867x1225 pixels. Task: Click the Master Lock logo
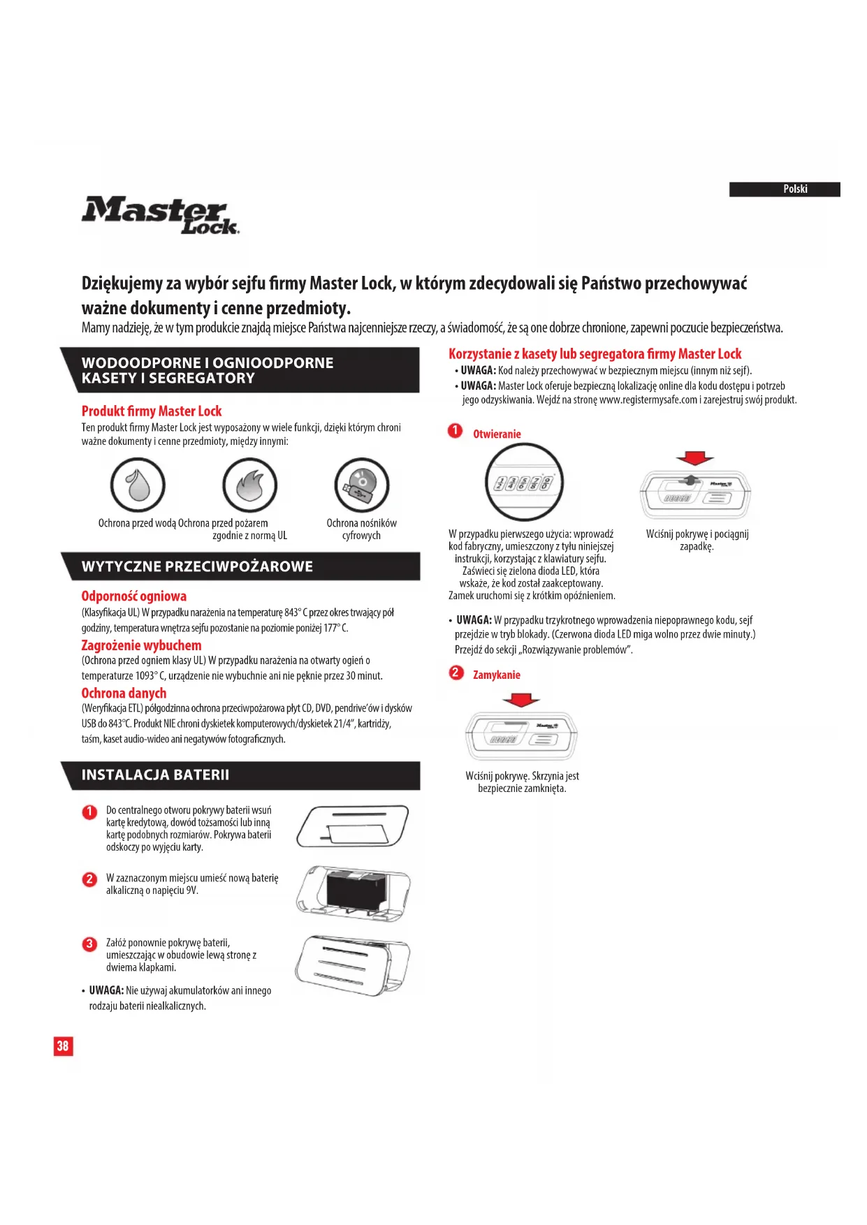pyautogui.click(x=160, y=215)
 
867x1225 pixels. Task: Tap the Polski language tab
pyautogui.click(x=784, y=189)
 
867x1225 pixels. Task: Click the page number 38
pyautogui.click(x=63, y=1046)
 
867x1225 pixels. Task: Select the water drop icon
pyautogui.click(x=138, y=485)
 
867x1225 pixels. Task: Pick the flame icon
pyautogui.click(x=249, y=485)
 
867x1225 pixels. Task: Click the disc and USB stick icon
pyautogui.click(x=361, y=485)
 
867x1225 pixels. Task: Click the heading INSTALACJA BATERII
pyautogui.click(x=155, y=775)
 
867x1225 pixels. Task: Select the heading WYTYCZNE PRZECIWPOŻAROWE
pyautogui.click(x=197, y=566)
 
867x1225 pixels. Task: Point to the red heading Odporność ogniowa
pyautogui.click(x=134, y=596)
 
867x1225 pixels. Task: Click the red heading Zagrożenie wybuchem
pyautogui.click(x=141, y=645)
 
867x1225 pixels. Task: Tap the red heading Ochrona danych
pyautogui.click(x=124, y=694)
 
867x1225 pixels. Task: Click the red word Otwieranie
pyautogui.click(x=497, y=434)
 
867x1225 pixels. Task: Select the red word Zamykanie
pyautogui.click(x=496, y=675)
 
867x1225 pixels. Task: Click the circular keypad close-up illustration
pyautogui.click(x=524, y=482)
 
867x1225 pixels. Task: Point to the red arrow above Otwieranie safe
pyautogui.click(x=694, y=458)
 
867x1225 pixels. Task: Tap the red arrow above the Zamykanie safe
pyautogui.click(x=520, y=699)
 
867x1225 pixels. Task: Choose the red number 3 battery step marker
pyautogui.click(x=89, y=944)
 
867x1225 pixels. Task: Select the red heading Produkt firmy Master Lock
pyautogui.click(x=152, y=411)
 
